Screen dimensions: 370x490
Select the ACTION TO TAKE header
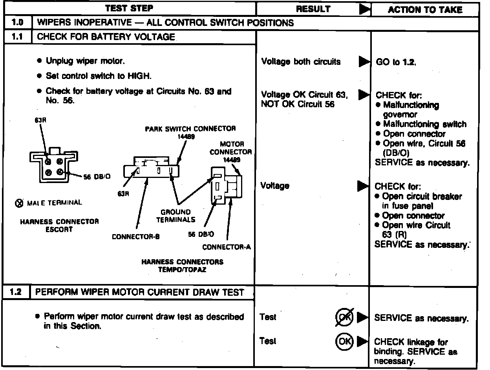[x=425, y=10]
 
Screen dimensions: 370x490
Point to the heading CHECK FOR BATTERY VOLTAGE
[x=106, y=37]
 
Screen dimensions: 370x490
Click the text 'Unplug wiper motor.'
[x=86, y=61]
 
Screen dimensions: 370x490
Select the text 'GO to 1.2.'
[x=396, y=62]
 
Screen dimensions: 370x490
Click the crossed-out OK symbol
[x=344, y=317]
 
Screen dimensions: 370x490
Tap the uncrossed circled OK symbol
[x=344, y=341]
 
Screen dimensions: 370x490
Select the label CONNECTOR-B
[x=135, y=237]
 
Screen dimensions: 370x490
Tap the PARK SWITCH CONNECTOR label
[x=190, y=129]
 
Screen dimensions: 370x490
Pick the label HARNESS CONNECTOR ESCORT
[x=59, y=225]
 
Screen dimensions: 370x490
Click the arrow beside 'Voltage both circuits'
[x=364, y=61]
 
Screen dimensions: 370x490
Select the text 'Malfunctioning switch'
[x=424, y=125]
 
